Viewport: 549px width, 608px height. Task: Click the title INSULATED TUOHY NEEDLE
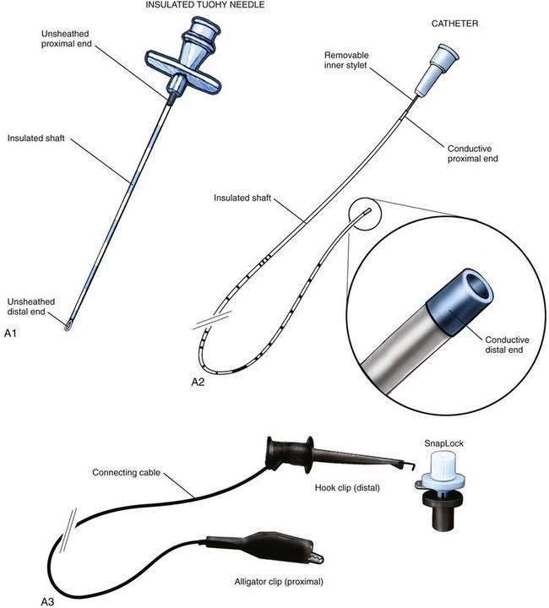205,5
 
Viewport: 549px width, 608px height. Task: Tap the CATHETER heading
454,24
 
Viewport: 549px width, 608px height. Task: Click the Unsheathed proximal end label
66,39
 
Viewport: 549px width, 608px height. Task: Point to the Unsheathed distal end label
31,307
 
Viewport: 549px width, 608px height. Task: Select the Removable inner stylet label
346,60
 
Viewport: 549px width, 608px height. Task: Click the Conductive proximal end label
473,154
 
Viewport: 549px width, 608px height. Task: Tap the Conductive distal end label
507,345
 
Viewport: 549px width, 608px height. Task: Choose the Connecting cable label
126,473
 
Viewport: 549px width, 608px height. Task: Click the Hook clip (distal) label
347,488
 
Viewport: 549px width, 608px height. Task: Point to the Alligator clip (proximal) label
279,582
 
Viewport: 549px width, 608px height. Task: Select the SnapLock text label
443,443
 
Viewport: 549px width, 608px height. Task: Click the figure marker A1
10,333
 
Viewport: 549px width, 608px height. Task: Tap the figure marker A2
198,382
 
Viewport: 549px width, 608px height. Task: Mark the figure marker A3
47,602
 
